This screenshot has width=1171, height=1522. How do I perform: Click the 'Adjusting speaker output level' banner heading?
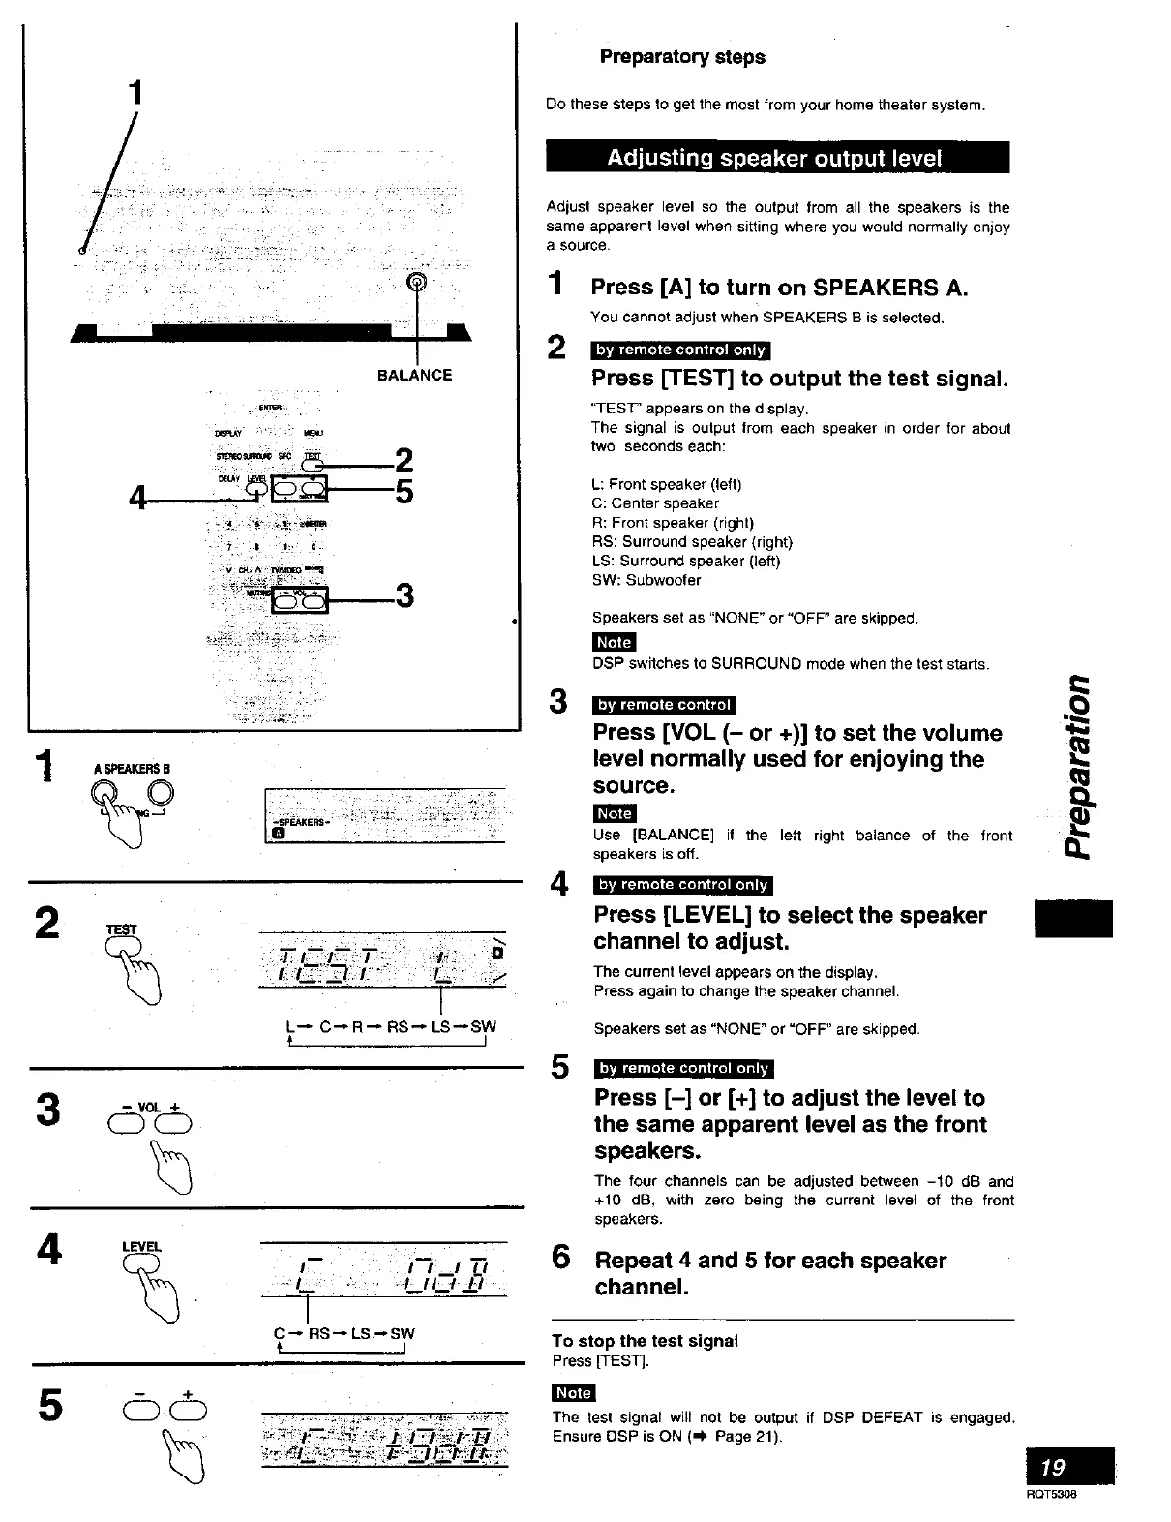[776, 158]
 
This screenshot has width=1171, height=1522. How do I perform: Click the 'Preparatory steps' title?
[681, 57]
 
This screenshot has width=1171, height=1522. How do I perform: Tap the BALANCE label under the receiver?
[414, 376]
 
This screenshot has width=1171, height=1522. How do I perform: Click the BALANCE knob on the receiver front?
[417, 282]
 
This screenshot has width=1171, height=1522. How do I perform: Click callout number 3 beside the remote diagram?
[405, 594]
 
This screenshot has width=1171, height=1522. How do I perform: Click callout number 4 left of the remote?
[139, 500]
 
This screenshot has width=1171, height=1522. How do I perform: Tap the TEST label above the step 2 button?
[121, 929]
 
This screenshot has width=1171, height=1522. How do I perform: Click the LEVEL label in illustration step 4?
[141, 1246]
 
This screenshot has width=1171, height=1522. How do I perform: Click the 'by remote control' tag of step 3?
[665, 705]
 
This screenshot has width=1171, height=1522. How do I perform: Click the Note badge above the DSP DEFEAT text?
[573, 1392]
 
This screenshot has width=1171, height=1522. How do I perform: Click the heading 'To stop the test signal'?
[645, 1341]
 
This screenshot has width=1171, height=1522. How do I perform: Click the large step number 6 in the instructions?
[561, 1258]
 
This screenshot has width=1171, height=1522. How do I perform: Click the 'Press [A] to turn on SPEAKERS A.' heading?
[779, 288]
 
